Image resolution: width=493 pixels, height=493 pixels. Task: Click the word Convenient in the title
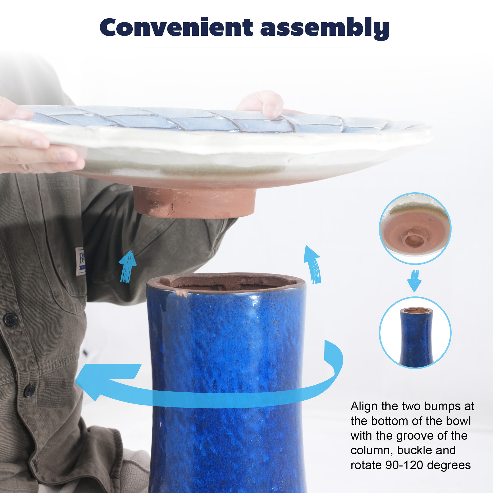tap(176, 27)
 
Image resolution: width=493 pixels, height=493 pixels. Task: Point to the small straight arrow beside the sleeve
tap(127, 267)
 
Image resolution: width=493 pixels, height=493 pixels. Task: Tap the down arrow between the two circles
tap(414, 281)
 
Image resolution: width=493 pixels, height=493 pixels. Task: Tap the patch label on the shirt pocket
tap(80, 261)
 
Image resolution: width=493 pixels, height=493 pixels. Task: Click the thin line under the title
tap(247, 48)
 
